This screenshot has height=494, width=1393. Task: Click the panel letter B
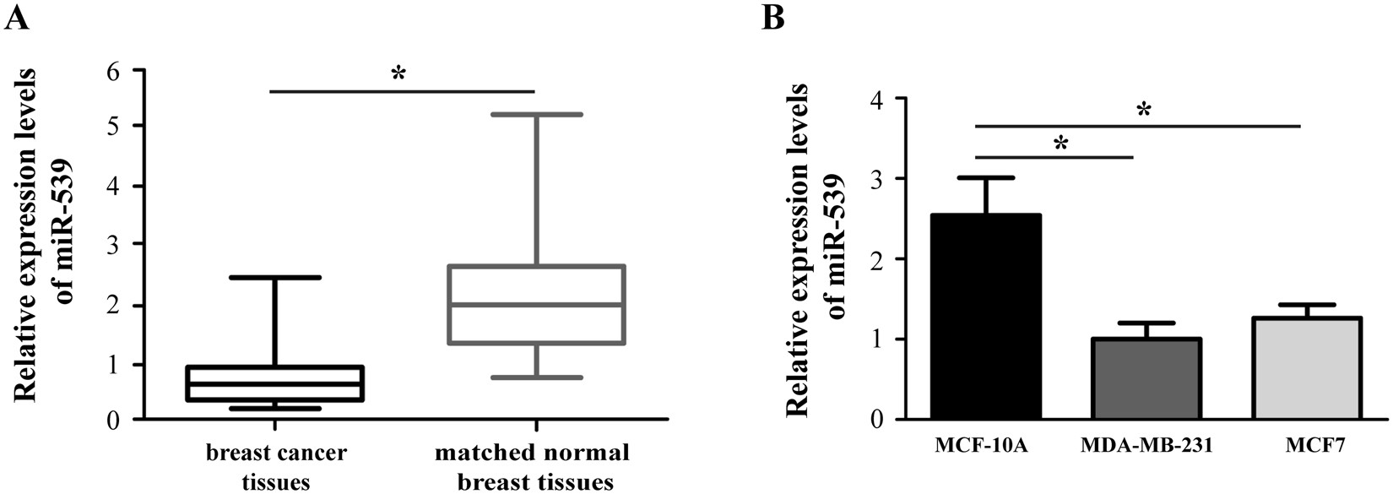pos(773,18)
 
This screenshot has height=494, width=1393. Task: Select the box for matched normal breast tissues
pos(536,305)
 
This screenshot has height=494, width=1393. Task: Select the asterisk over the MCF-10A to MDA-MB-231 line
pos(1060,144)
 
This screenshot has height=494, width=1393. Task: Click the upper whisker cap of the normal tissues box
pos(536,114)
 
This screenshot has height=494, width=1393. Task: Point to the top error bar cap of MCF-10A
pos(986,177)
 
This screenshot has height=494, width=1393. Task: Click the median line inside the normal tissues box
pos(536,305)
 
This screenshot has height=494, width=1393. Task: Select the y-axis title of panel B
pos(818,249)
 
